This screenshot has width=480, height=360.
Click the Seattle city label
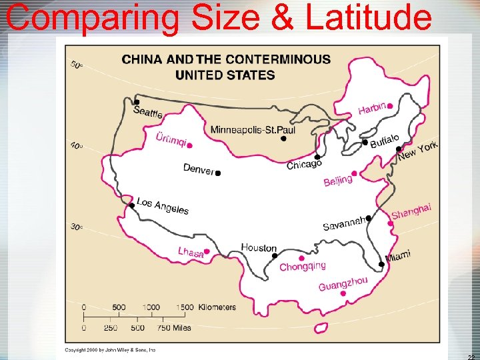pyautogui.click(x=148, y=112)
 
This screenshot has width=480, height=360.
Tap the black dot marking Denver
pyautogui.click(x=217, y=173)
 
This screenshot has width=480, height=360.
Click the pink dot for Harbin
pyautogui.click(x=389, y=105)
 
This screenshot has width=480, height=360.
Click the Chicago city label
pyautogui.click(x=304, y=164)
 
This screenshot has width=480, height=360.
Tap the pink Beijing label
pyautogui.click(x=338, y=180)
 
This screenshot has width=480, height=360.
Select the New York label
pyautogui.click(x=418, y=151)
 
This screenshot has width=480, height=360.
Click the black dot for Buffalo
pyautogui.click(x=365, y=142)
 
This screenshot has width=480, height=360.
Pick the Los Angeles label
pyautogui.click(x=163, y=206)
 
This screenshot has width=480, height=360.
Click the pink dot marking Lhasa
pyautogui.click(x=207, y=252)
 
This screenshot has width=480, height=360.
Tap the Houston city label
pyautogui.click(x=259, y=248)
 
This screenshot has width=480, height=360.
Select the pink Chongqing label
pyautogui.click(x=303, y=267)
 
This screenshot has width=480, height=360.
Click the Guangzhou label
pyautogui.click(x=343, y=283)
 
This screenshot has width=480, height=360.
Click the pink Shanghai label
pyautogui.click(x=411, y=211)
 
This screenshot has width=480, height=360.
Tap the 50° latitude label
pyautogui.click(x=77, y=65)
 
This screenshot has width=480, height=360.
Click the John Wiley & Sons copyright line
pyautogui.click(x=110, y=349)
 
